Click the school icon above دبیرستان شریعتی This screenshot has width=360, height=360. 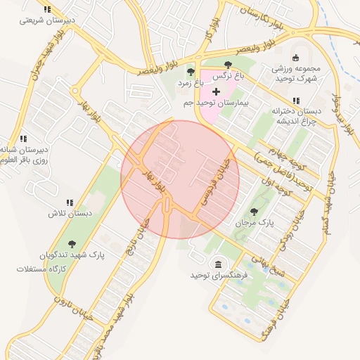click(47, 9)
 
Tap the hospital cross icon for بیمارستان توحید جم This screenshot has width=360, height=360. click(216, 92)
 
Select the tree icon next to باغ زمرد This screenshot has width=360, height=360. click(190, 71)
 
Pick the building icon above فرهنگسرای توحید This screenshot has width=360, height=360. click(218, 264)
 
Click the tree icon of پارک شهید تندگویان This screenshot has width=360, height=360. click(72, 244)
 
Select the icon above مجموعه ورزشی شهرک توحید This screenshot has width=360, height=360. click(295, 58)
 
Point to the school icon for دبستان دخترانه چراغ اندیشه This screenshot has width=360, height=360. click(295, 100)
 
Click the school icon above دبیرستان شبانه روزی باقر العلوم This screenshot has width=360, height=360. click(23, 139)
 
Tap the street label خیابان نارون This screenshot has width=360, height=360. click(67, 321)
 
